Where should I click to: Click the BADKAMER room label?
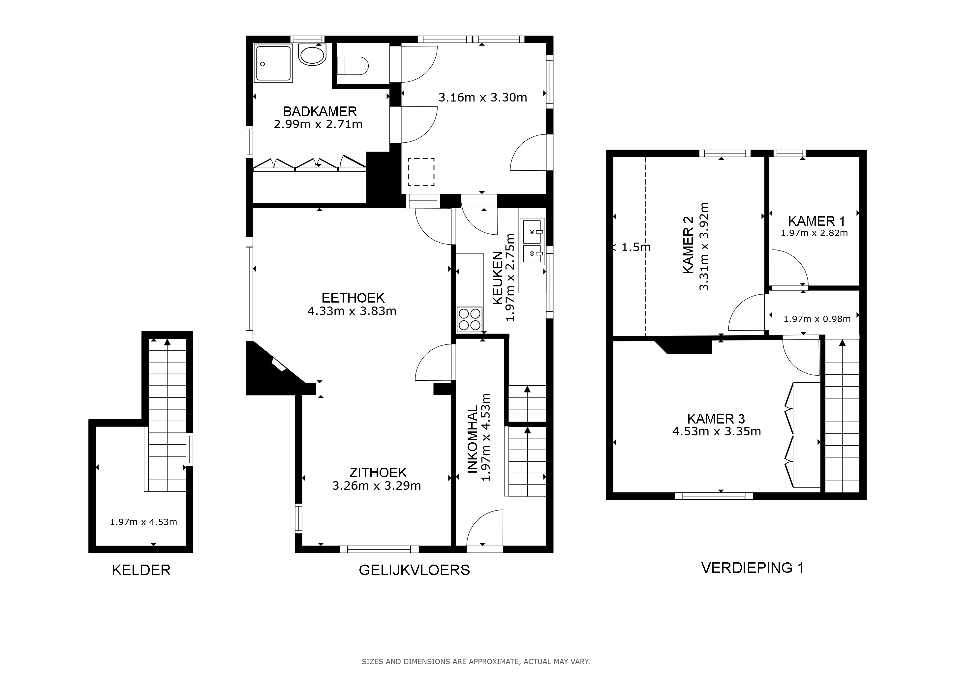(320, 111)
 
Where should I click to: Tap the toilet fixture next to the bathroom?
(352, 66)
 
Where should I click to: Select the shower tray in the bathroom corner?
(274, 64)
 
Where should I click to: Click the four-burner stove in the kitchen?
(470, 319)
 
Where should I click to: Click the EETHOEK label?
(353, 298)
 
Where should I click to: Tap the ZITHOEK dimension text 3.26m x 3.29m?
(376, 485)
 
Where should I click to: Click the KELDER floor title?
(141, 570)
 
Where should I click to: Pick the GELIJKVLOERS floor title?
(414, 570)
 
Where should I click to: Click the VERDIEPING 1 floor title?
(753, 568)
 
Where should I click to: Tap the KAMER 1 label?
(817, 221)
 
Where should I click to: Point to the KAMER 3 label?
(716, 419)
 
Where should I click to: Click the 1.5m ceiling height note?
(635, 247)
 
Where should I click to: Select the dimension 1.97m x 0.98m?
(817, 319)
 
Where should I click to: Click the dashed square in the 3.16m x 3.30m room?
(421, 172)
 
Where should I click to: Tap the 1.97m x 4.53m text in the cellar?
(143, 522)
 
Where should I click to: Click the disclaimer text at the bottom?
(476, 661)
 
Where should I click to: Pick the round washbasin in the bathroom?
(312, 56)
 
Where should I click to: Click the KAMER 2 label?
(688, 245)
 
